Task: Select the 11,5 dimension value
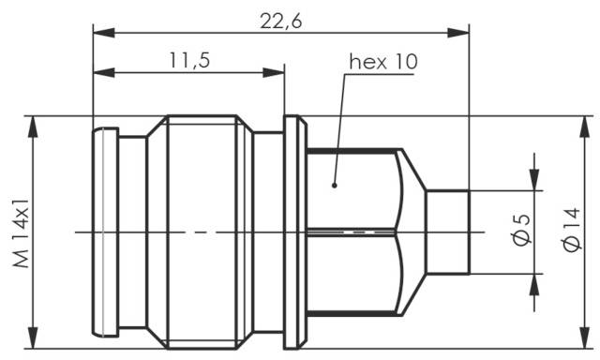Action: point(188,60)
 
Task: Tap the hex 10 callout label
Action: point(383,62)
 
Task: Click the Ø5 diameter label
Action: point(522,231)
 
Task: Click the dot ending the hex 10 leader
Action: point(333,185)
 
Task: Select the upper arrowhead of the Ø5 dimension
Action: point(536,180)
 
